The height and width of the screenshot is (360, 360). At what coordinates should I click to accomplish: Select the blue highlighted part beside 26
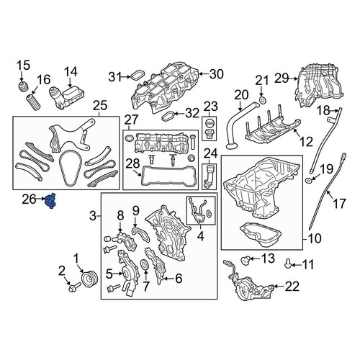pyautogui.click(x=51, y=204)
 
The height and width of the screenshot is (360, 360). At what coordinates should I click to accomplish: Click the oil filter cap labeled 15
pyautogui.click(x=23, y=91)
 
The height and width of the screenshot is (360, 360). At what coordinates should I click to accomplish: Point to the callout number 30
pyautogui.click(x=217, y=74)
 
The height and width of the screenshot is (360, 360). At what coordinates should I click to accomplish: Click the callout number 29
pyautogui.click(x=281, y=77)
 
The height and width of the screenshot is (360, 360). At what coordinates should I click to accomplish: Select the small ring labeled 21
pyautogui.click(x=261, y=98)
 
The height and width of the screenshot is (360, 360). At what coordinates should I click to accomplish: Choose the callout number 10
pyautogui.click(x=315, y=239)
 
